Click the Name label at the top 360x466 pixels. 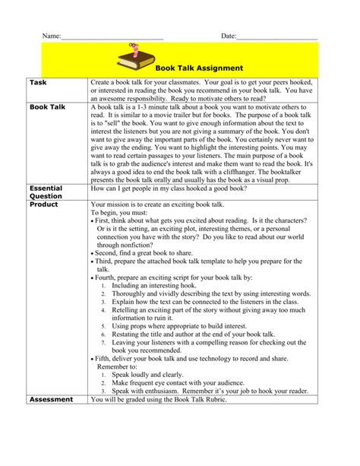coord(50,36)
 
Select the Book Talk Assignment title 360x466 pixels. coord(199,68)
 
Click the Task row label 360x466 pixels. coord(39,81)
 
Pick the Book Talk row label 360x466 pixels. coord(48,108)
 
